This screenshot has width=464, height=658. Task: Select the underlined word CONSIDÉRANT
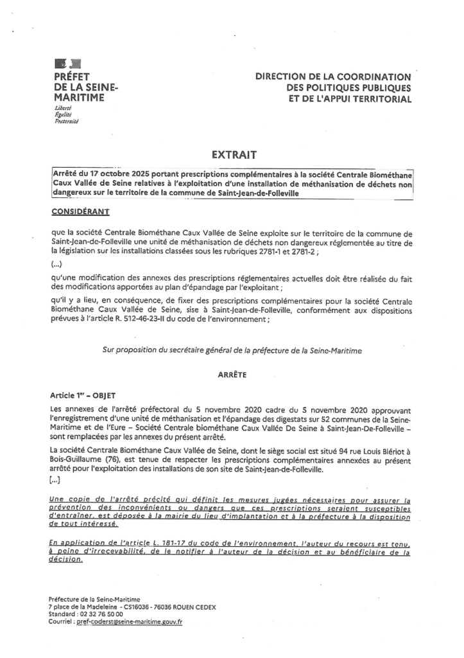point(80,211)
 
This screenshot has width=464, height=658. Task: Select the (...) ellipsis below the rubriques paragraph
point(56,264)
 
